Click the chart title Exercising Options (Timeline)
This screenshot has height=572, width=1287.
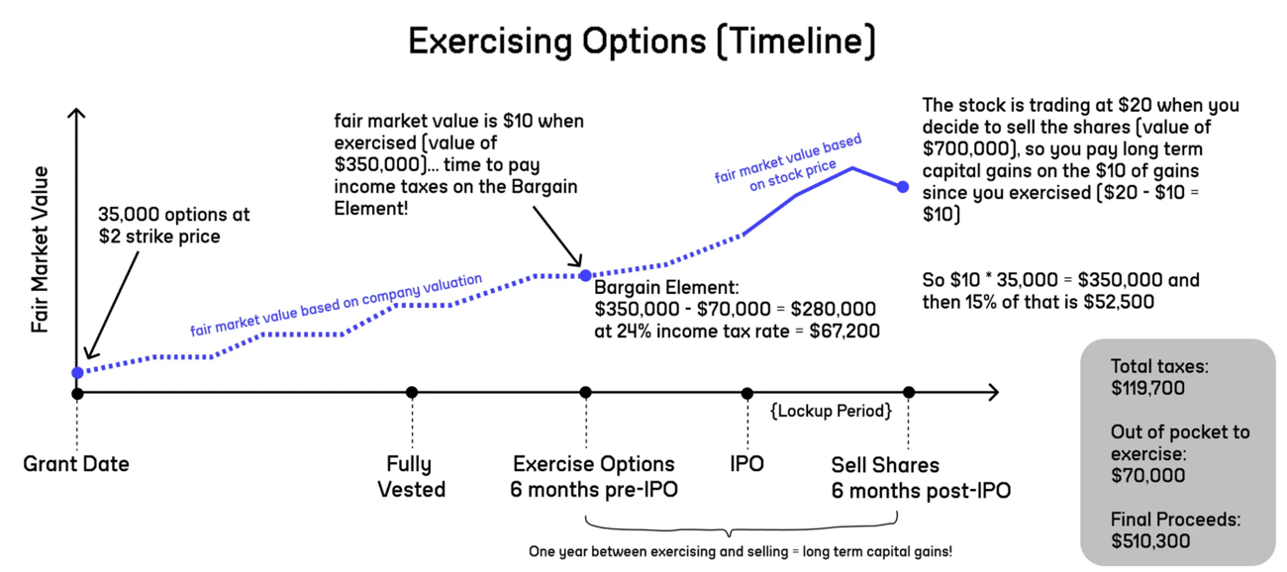coord(642,42)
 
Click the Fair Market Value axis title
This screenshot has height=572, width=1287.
coord(40,249)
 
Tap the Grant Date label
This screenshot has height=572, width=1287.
coord(76,464)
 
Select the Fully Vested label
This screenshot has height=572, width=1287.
coord(412,477)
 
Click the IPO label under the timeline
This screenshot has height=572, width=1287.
coord(746,464)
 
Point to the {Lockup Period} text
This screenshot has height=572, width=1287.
coord(831,412)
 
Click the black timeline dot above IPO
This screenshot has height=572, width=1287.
coord(746,394)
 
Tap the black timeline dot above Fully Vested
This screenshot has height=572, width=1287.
coord(412,392)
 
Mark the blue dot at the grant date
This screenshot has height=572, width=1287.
coord(77,373)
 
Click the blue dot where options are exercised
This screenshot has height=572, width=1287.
coord(585,276)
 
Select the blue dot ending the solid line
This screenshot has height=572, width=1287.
coord(903,187)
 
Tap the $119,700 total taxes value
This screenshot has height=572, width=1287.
coord(1147,388)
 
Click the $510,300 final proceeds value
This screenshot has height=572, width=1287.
coord(1150,541)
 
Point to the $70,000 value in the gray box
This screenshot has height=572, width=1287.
coord(1147,476)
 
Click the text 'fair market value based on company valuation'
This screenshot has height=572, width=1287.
coord(337,305)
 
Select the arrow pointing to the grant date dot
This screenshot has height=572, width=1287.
coord(112,306)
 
